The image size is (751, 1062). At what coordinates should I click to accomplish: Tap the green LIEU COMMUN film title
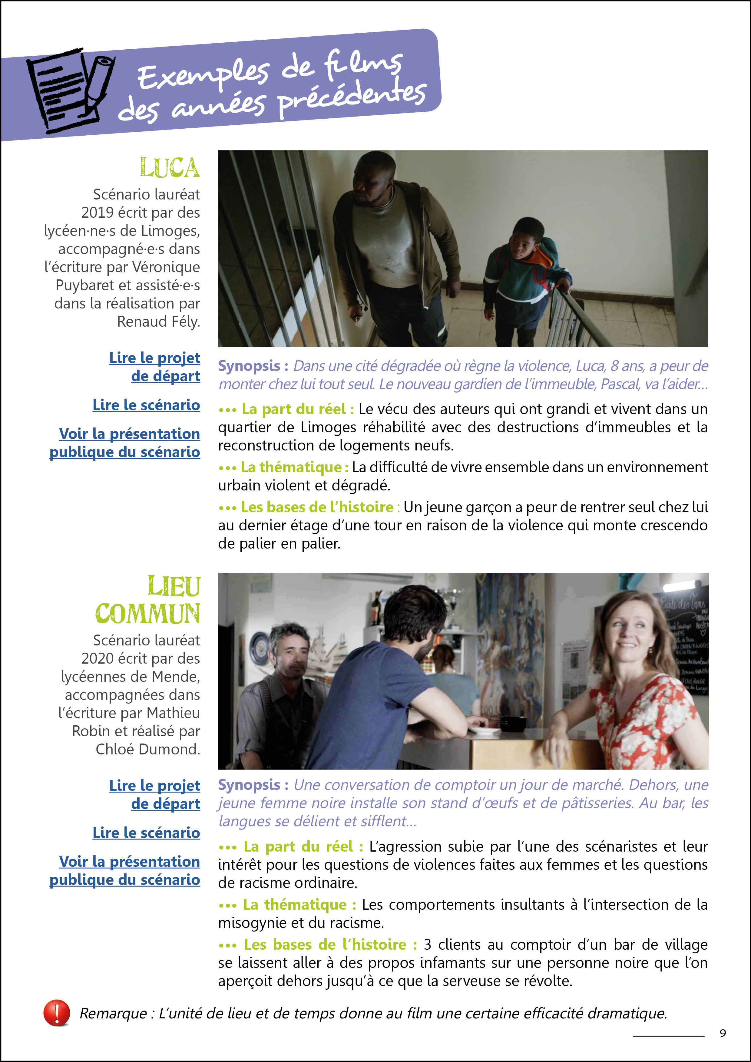coord(148,600)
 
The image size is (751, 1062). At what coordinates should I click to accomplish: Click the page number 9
coord(723,1033)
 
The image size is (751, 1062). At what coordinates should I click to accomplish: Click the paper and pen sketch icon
coord(69,90)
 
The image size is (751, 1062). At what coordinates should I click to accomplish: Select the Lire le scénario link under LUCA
coord(146,405)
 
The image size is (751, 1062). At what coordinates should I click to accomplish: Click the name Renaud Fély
coord(158,322)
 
